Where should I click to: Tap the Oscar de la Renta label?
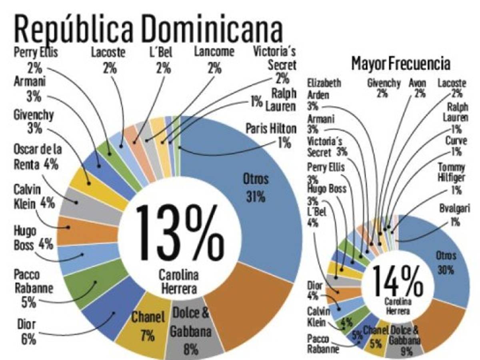coord(38,156)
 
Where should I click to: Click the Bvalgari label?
coord(454,214)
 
